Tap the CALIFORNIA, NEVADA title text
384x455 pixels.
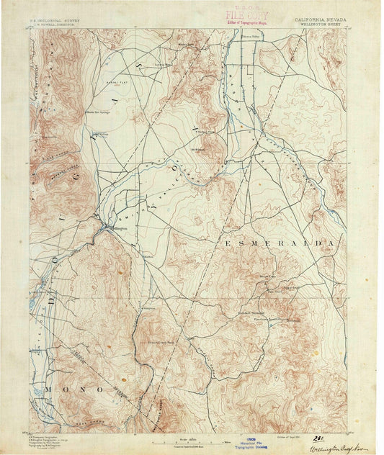pos(320,21)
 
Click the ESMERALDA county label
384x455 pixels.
pos(282,243)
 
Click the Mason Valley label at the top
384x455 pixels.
pos(251,35)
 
